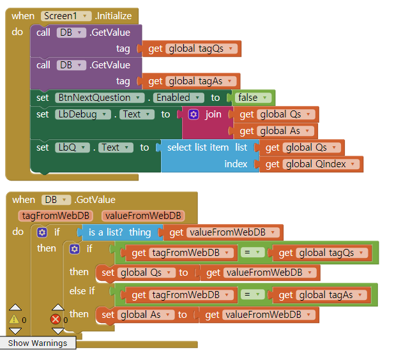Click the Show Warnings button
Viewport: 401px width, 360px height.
pos(37,343)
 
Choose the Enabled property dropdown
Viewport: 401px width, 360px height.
pos(178,98)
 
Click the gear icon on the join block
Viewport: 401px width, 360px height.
pos(194,114)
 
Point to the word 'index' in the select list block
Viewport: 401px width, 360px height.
pos(236,164)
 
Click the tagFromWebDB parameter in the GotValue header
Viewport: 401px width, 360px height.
pos(56,216)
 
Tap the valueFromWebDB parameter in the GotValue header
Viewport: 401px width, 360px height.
pos(142,216)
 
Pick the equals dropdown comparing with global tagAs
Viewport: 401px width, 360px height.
pos(253,294)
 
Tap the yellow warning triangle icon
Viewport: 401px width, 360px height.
pos(14,319)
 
